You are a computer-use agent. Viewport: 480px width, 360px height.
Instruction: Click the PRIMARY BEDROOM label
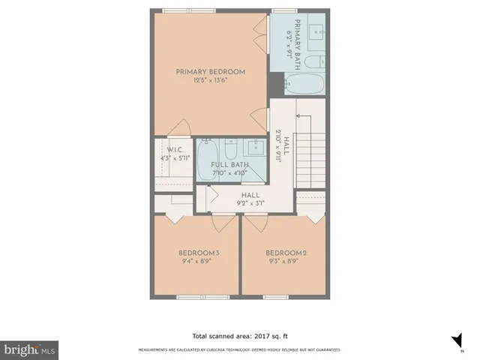coord(211,72)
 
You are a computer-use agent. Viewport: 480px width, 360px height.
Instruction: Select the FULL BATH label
coord(229,164)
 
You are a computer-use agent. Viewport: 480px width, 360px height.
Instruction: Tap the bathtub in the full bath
coord(205,160)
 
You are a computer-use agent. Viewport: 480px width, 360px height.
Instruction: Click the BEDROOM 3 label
coord(199,253)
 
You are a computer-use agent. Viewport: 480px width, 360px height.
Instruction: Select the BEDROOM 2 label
coord(286,253)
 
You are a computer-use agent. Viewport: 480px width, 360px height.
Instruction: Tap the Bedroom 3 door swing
coord(223,222)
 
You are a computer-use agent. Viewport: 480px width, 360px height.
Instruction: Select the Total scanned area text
coord(240,335)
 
